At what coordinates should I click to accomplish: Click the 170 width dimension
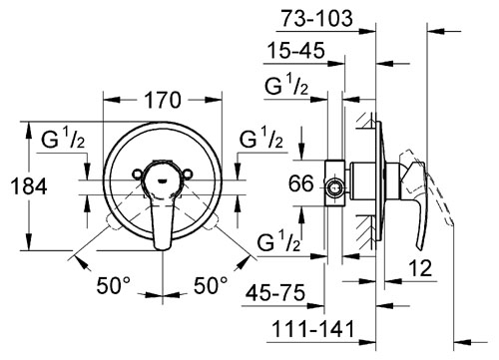coord(163,100)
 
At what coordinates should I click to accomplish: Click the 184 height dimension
coord(29,186)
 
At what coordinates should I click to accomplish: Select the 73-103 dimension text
coord(317,18)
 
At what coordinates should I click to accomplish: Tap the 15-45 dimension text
coord(296,51)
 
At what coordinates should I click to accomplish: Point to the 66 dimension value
coord(301,183)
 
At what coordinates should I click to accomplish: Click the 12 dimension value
coord(420,267)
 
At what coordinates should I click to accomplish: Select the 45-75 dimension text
coord(275,293)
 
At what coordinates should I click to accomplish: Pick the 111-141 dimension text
coord(313,329)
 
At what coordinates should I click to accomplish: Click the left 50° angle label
coord(114,285)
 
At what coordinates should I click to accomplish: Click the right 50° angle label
coord(211,285)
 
